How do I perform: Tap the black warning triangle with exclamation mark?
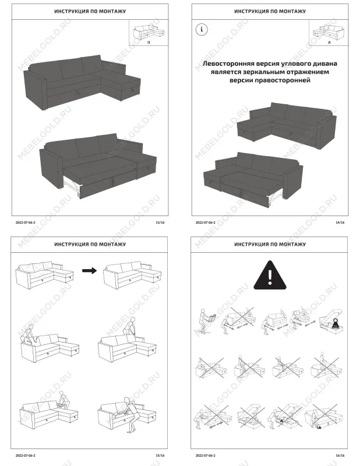(x=270, y=274)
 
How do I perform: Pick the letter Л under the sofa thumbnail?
(x=330, y=44)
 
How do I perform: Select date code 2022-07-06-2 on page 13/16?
(x=26, y=223)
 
